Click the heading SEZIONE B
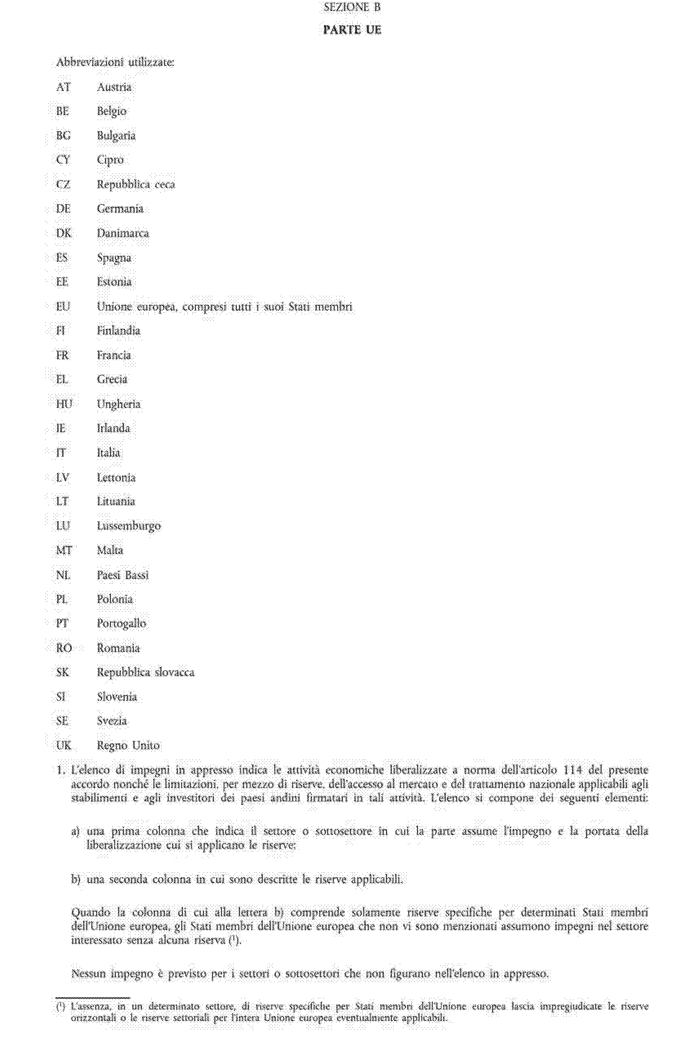coord(352,7)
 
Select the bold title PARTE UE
coord(352,30)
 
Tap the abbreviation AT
coord(63,87)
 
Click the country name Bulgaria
coord(116,136)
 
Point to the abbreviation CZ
coord(63,184)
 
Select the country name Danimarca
coord(123,233)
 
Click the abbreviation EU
coord(63,307)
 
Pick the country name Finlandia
coord(118,331)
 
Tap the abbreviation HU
coord(64,404)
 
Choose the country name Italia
coord(109,453)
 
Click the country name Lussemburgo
coord(129,526)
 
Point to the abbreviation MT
coord(64,550)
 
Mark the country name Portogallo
coord(121,624)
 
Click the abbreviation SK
coord(63,672)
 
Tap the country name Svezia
coord(112,721)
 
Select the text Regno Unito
coord(128,745)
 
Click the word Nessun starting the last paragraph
coord(89,973)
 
